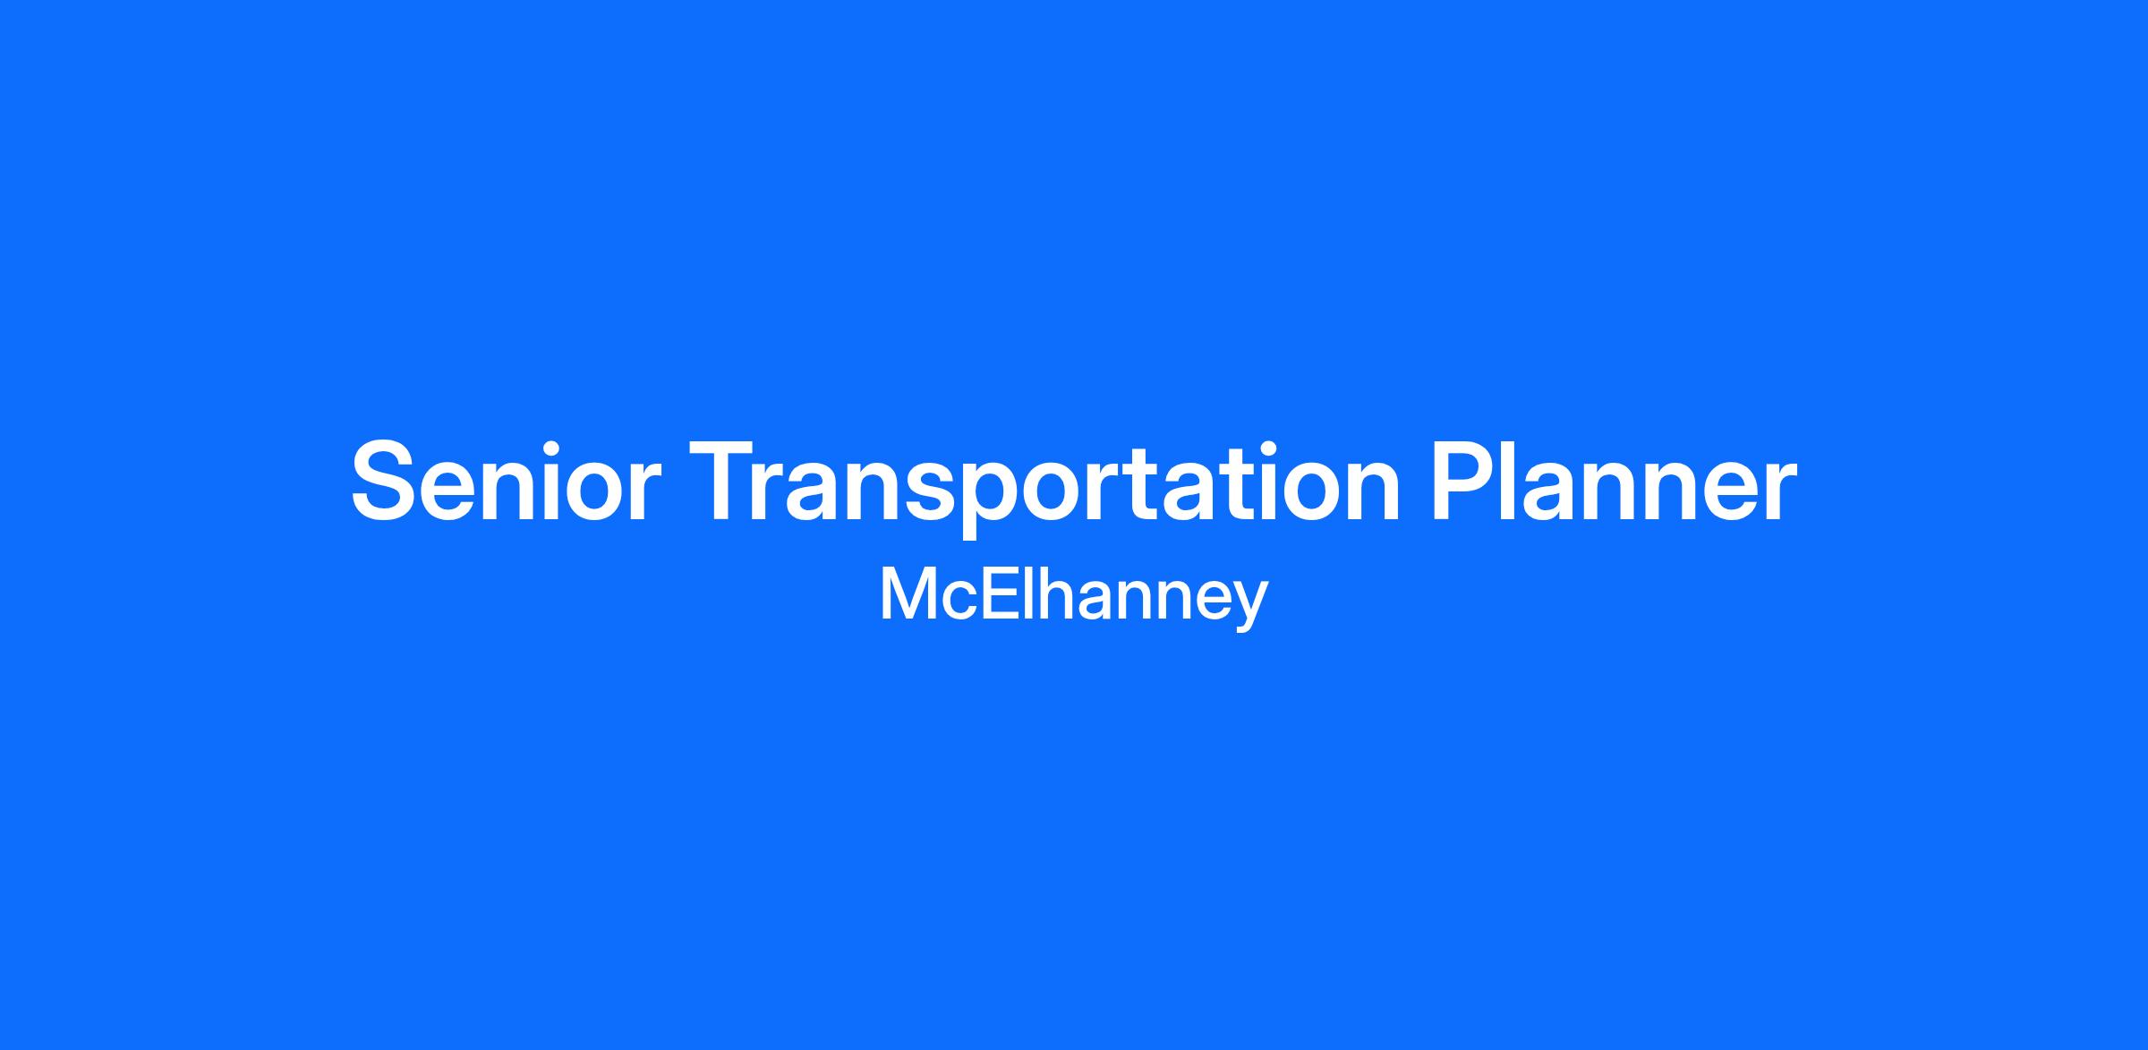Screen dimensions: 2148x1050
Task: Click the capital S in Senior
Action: (x=388, y=482)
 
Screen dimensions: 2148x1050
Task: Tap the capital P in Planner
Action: (x=1463, y=481)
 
